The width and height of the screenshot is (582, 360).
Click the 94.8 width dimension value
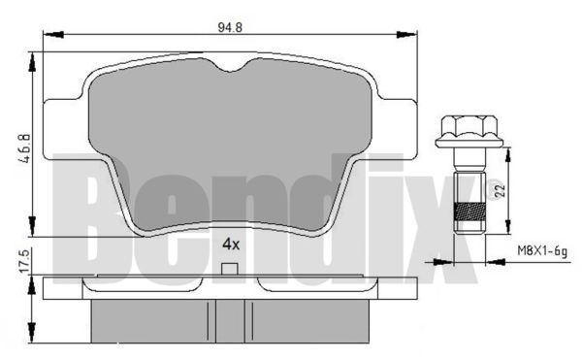click(230, 27)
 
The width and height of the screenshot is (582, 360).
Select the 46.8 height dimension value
click(25, 148)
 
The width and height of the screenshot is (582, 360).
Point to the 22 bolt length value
click(500, 191)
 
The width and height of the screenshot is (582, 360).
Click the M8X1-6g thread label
click(542, 251)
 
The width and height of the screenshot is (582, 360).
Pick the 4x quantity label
click(231, 245)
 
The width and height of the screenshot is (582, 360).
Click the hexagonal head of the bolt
click(469, 126)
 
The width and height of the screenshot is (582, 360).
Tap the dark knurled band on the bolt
click(469, 212)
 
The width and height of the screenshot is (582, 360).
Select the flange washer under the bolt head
click(469, 143)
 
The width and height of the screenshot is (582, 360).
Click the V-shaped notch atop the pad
click(230, 66)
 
